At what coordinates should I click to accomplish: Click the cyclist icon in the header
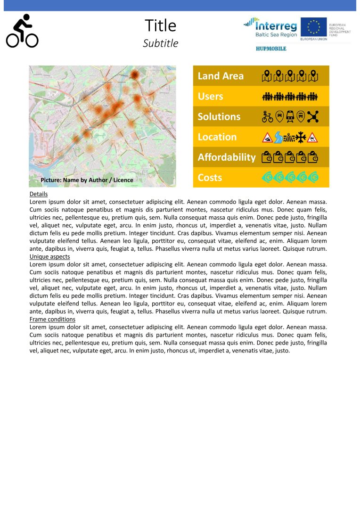[x=22, y=31]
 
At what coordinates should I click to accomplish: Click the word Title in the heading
[x=160, y=25]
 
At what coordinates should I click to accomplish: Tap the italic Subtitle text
[x=160, y=43]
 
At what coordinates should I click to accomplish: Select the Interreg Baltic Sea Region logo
[x=270, y=28]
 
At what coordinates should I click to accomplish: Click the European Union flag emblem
[x=313, y=27]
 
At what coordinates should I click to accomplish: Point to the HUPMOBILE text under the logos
[x=271, y=49]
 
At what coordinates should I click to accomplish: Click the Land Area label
[x=221, y=76]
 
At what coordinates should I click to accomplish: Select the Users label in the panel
[x=210, y=96]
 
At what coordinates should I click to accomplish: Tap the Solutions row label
[x=219, y=116]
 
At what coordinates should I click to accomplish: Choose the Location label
[x=217, y=137]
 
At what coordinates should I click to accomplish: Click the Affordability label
[x=226, y=157]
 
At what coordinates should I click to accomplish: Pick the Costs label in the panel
[x=210, y=178]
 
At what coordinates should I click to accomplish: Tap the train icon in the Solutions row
[x=290, y=116]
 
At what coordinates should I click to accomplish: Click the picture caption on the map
[x=87, y=180]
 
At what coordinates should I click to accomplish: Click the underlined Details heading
[x=38, y=194]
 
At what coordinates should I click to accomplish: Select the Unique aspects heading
[x=49, y=256]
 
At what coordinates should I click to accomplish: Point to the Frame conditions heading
[x=52, y=319]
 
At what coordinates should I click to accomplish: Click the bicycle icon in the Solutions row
[x=267, y=116]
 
